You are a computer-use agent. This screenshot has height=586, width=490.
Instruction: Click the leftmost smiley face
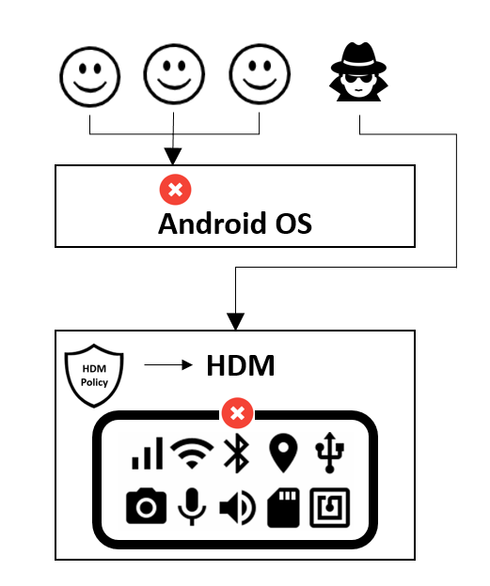pos(89,75)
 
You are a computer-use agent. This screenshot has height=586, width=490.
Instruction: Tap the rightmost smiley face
pos(260,75)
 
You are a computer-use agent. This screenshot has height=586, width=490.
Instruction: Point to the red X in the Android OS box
pos(175,191)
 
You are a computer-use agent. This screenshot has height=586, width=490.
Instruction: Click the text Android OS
pos(234,224)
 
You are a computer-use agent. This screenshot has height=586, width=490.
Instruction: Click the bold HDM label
pos(240,366)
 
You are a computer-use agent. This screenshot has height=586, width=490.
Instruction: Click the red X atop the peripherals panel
pos(237,413)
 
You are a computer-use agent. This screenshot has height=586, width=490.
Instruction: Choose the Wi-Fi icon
pos(192,455)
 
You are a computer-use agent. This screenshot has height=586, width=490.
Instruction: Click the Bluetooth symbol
pos(235,455)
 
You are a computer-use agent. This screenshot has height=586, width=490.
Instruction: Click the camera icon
pos(146,507)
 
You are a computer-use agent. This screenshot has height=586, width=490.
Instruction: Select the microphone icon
pos(192,507)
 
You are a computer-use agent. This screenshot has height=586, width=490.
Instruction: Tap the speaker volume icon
pos(237,507)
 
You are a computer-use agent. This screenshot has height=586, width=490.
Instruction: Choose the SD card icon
pos(283,507)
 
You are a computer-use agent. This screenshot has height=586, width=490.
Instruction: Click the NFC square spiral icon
pos(330,507)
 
